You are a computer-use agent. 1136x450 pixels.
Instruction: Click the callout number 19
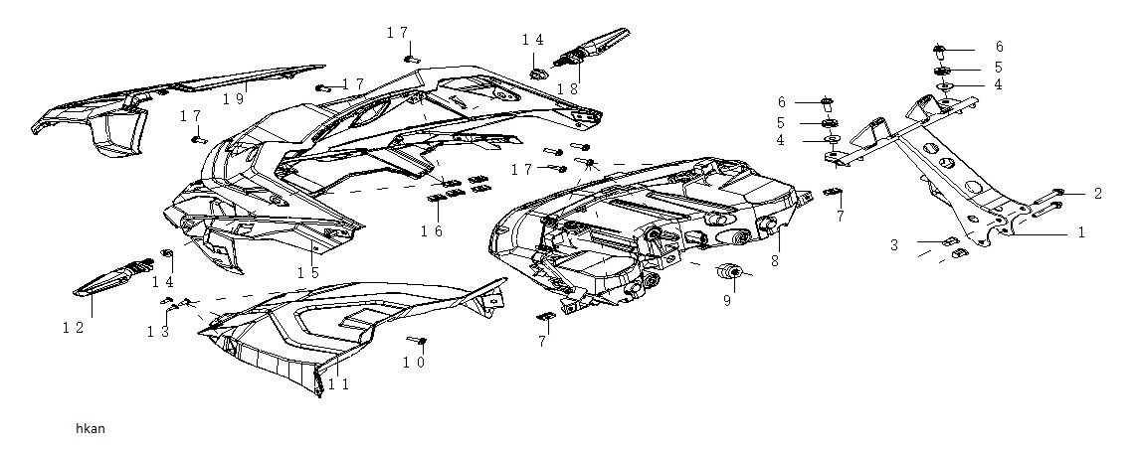[x=233, y=98]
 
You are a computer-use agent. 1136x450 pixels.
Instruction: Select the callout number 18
[x=567, y=88]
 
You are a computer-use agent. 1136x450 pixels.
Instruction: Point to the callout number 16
[x=431, y=231]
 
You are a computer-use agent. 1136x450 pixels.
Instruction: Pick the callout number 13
[x=158, y=331]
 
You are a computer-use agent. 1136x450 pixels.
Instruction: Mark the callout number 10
[x=414, y=364]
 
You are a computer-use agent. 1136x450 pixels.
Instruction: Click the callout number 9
[x=727, y=298]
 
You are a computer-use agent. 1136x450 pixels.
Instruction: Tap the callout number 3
[x=895, y=243]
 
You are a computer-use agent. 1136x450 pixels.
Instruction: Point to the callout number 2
[x=1097, y=194]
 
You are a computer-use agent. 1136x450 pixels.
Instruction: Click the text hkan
[x=90, y=429]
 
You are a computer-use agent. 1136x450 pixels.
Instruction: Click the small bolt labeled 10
[x=420, y=342]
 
